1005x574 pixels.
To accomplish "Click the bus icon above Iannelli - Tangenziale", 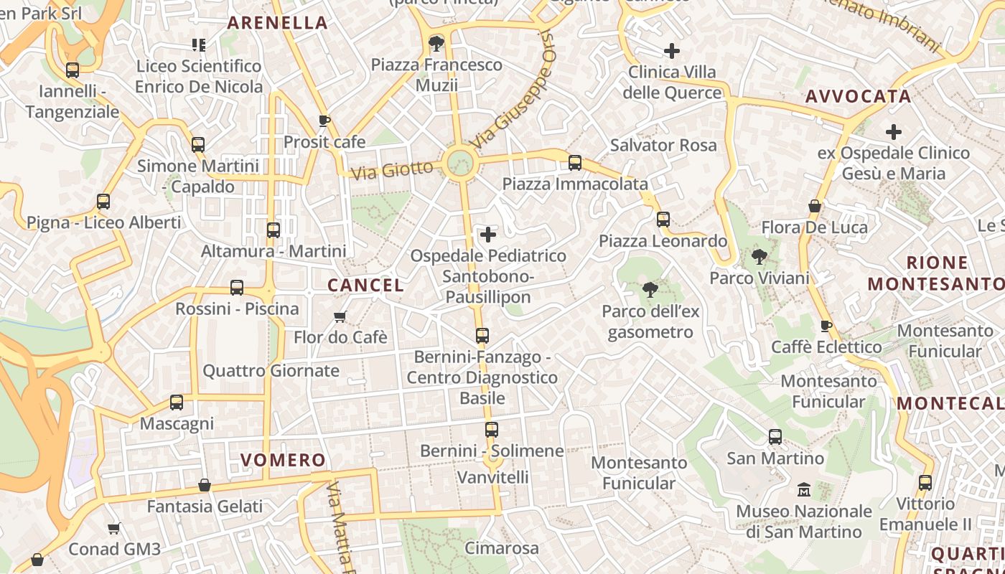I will pos(73,70).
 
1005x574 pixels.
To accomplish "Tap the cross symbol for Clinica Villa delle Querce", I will pos(672,51).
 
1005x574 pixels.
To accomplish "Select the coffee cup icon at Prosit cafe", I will pos(324,121).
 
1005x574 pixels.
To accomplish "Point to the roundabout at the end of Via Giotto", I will pos(459,163).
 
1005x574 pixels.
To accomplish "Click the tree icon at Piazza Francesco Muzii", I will pos(436,44).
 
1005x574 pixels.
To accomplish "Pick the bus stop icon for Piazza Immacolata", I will pos(575,163).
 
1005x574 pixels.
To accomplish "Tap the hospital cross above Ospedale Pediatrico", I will pos(488,235).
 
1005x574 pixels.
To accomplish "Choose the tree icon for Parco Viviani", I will pos(759,257).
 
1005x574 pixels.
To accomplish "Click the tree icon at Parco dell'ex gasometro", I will pos(650,290).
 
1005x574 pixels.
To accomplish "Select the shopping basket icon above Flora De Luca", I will pos(815,207).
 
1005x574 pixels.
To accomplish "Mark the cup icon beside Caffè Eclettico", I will pos(826,326).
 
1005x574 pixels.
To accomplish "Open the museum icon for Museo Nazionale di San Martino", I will pos(804,490).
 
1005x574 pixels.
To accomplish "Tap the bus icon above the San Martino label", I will pos(775,436).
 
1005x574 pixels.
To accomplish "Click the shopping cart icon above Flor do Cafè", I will pos(340,316).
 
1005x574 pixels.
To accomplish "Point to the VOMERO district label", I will pos(283,460).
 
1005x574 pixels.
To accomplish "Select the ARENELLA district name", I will pos(278,22).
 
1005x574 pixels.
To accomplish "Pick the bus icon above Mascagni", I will pos(177,403).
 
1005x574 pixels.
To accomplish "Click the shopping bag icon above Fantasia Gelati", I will pos(205,486).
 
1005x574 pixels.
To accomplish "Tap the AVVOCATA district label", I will pos(858,96).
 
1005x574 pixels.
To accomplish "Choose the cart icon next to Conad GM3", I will pos(113,529).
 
